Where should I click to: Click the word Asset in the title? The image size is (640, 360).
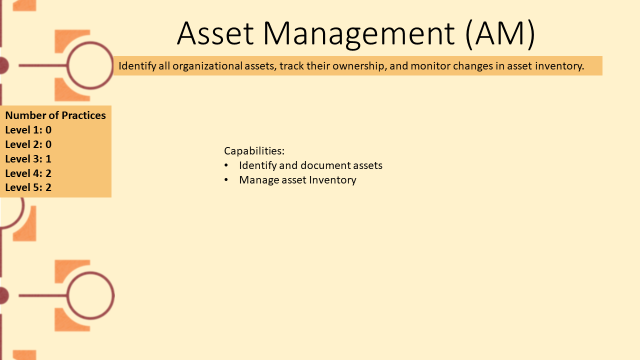tap(215, 33)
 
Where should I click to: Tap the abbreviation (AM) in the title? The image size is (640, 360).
tap(500, 34)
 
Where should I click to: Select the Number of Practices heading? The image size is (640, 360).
tap(55, 115)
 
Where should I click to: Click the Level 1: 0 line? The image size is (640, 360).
tap(28, 130)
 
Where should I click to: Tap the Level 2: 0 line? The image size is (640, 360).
tap(28, 144)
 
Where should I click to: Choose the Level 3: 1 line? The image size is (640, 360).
tap(28, 159)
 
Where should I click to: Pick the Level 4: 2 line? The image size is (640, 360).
tap(28, 173)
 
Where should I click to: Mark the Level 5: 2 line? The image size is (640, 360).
tap(28, 187)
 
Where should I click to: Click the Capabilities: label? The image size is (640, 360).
tap(254, 151)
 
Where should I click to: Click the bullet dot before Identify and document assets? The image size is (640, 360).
tap(226, 165)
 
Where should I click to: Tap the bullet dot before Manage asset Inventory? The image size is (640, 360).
tap(226, 179)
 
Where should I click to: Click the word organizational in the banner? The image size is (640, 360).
tap(207, 66)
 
